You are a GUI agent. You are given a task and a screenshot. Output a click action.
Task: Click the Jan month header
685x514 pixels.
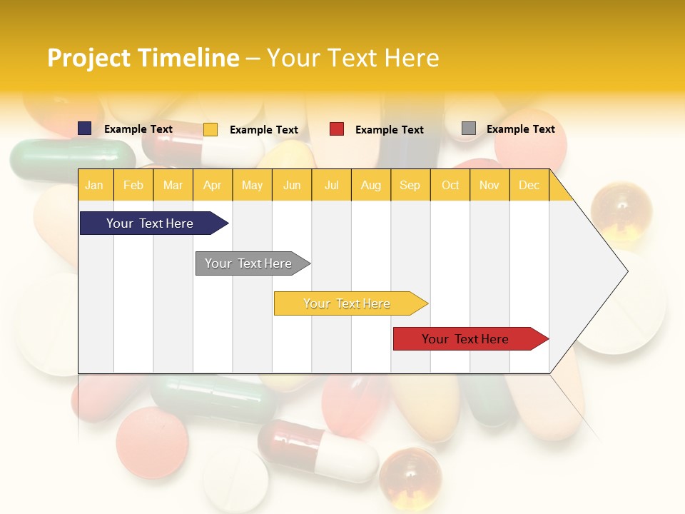(94, 185)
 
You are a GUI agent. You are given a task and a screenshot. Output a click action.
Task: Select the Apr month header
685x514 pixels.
(213, 185)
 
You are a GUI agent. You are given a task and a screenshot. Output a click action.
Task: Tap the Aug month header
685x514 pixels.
(370, 185)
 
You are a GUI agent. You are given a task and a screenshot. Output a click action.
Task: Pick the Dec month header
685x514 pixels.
(529, 185)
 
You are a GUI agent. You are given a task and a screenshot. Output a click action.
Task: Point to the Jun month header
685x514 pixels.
(292, 185)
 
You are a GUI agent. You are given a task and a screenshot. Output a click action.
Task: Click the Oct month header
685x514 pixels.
(450, 185)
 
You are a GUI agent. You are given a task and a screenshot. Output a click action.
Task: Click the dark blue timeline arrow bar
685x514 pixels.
(151, 223)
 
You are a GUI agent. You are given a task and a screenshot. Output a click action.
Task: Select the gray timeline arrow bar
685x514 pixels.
(249, 263)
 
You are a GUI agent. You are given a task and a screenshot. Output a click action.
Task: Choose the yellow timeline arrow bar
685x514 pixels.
(347, 303)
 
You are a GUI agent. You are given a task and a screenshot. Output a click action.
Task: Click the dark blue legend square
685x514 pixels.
(85, 128)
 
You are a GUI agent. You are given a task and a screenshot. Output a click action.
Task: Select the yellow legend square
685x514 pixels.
(210, 129)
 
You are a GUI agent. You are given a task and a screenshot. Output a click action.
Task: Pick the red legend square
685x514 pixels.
(337, 129)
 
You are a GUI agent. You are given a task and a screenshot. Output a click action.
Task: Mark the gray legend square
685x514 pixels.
(469, 128)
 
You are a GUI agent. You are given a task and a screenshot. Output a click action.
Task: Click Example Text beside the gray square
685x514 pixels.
(520, 129)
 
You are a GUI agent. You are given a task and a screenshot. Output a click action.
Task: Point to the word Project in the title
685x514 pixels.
(89, 58)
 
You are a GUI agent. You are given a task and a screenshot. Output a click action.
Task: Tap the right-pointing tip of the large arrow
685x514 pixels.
(626, 271)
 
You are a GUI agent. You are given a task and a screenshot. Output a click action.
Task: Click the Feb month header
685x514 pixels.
(133, 185)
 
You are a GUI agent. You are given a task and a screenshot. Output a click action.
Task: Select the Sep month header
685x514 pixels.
(410, 185)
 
